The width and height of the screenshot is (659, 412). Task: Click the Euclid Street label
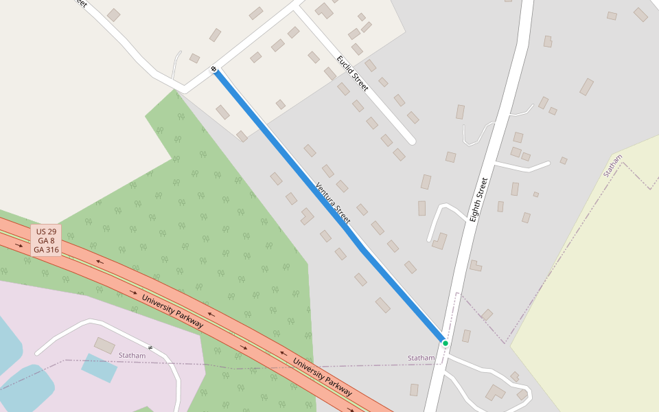[x=353, y=73]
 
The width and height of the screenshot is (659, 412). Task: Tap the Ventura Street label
[x=333, y=203]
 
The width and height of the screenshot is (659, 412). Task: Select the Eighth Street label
[x=478, y=199]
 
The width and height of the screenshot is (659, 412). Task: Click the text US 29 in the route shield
[x=47, y=231]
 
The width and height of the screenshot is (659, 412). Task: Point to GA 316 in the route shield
[x=47, y=250]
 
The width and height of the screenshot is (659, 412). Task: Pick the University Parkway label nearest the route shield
[x=172, y=310]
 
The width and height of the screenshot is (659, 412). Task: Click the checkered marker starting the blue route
[x=214, y=69]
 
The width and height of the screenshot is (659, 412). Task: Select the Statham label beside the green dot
[x=421, y=358]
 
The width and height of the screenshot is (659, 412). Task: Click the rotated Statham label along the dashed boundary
[x=612, y=165]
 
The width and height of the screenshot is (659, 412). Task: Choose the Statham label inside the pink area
[x=132, y=355]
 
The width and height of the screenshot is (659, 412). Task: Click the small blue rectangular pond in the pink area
[x=99, y=367]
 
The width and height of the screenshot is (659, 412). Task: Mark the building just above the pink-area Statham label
[x=105, y=345]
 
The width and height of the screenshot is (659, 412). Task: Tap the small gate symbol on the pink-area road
[x=150, y=348]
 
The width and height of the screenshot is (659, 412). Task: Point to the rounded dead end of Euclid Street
[x=411, y=141]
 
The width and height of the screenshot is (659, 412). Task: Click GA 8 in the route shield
[x=47, y=240]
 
